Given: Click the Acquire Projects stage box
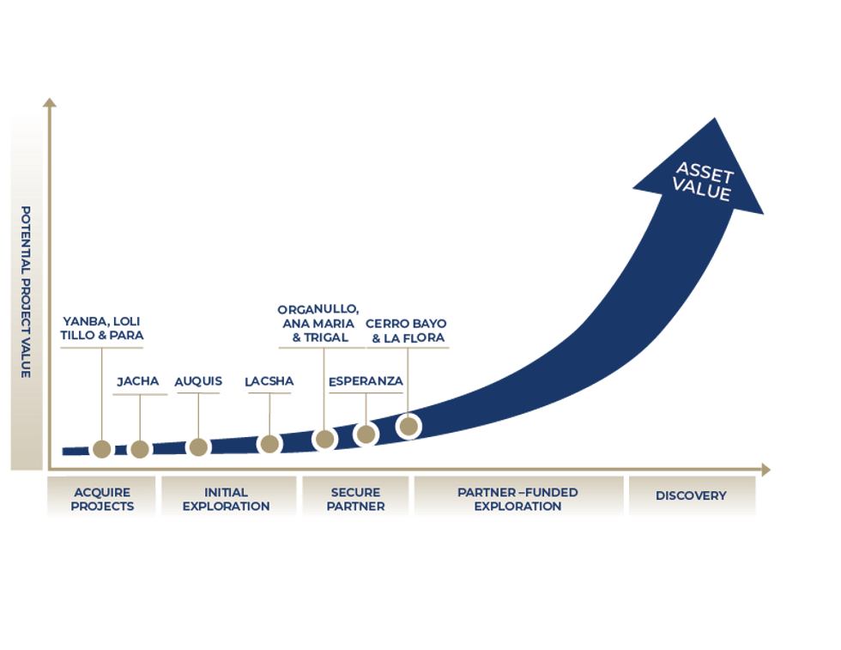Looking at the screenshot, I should (x=102, y=498).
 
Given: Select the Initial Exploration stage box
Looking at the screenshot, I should (x=227, y=498).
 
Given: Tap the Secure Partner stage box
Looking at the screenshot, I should (x=355, y=498).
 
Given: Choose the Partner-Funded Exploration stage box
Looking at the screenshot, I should (x=517, y=498).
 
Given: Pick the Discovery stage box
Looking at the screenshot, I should (x=691, y=495).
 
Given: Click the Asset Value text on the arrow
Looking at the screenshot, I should (x=704, y=181).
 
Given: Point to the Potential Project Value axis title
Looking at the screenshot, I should (x=26, y=292).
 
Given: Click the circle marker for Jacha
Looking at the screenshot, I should (x=140, y=448).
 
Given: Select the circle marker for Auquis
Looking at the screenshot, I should (x=198, y=446).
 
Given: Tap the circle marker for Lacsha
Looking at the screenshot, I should (x=269, y=443).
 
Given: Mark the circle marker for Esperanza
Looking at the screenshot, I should (x=366, y=434).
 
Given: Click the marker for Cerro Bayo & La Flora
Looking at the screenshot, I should (x=408, y=425).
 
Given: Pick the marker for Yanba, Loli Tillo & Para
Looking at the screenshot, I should (x=102, y=447).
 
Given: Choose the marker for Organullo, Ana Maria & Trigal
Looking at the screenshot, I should (x=324, y=439).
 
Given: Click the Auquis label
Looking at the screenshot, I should (x=198, y=381).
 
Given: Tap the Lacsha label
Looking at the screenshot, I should (x=269, y=381).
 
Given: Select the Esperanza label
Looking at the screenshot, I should (x=366, y=381).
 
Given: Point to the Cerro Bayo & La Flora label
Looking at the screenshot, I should (x=407, y=331).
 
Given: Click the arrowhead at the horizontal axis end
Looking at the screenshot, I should (x=765, y=470).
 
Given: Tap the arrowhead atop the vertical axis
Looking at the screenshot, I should (x=50, y=103).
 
